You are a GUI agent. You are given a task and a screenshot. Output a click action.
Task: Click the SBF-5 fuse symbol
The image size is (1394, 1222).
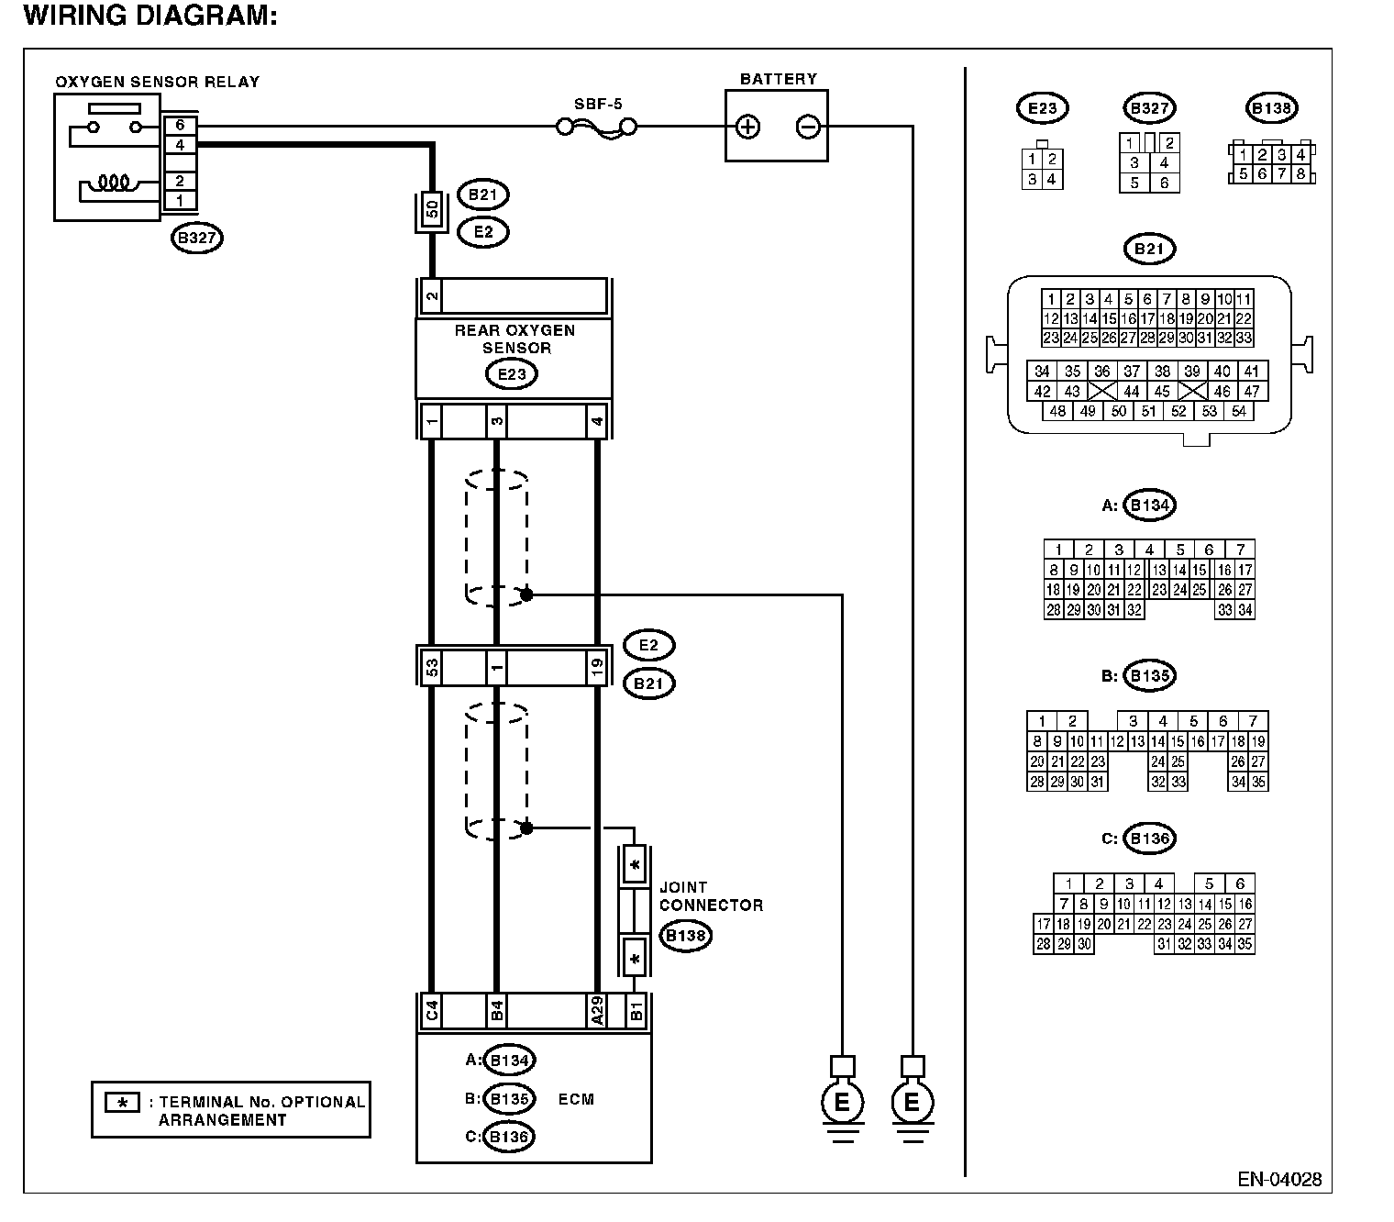pyautogui.click(x=596, y=128)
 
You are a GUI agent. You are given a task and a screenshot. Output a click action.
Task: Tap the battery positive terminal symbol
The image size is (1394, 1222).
pyautogui.click(x=747, y=127)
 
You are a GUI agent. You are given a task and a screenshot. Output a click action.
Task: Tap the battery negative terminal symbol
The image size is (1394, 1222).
pyautogui.click(x=808, y=127)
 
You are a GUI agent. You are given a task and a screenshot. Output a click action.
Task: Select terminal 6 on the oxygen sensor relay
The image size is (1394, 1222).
pyautogui.click(x=181, y=126)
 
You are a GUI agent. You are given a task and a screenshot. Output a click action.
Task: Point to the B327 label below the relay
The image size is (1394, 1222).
pyautogui.click(x=197, y=239)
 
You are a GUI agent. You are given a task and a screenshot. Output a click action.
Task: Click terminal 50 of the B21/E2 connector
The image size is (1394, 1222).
pyautogui.click(x=432, y=209)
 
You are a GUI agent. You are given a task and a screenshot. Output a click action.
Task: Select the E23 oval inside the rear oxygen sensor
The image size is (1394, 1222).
pyautogui.click(x=511, y=374)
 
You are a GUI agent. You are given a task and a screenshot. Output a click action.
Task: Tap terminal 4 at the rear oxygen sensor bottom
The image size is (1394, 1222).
pyautogui.click(x=596, y=421)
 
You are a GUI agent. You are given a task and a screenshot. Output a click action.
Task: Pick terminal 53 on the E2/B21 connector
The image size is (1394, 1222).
pyautogui.click(x=431, y=667)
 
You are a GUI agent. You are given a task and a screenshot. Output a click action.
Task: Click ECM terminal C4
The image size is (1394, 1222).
pyautogui.click(x=431, y=1011)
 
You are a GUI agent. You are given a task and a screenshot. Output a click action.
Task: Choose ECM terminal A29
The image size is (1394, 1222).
pyautogui.click(x=596, y=1011)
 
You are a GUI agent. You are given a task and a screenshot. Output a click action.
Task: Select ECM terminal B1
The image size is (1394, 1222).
pyautogui.click(x=636, y=1011)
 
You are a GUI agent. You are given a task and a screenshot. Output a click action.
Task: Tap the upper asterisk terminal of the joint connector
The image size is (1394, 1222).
pyautogui.click(x=635, y=865)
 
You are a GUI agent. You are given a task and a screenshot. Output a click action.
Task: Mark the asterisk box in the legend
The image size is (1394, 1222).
pyautogui.click(x=123, y=1102)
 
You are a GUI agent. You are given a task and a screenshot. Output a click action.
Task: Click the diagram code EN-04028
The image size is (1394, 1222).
pyautogui.click(x=1279, y=1179)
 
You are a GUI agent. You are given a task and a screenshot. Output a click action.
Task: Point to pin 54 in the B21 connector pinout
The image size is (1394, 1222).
pyautogui.click(x=1238, y=412)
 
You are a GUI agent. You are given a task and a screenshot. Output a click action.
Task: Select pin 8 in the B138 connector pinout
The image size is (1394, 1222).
pyautogui.click(x=1300, y=174)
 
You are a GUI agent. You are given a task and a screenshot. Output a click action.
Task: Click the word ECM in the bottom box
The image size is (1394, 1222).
pyautogui.click(x=576, y=1099)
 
